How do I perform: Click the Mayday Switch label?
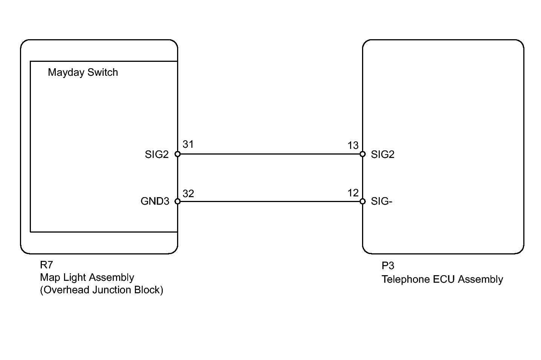pos(83,72)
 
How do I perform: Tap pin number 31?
pos(188,144)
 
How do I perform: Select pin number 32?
pos(188,193)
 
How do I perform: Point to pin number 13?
pos(353,146)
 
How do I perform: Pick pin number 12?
pos(353,193)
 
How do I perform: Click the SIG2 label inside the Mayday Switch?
pos(157,155)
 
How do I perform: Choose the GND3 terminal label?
pos(155,201)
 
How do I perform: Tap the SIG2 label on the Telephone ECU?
pos(382,155)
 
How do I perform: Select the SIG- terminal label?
pos(382,201)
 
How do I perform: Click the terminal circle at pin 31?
pos(177,154)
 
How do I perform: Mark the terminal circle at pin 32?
pos(177,202)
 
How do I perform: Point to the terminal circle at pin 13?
pos(362,154)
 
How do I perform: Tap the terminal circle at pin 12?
pos(362,202)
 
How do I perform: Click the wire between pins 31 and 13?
pos(270,154)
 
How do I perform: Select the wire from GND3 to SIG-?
pos(270,202)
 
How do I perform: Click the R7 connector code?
pos(46,265)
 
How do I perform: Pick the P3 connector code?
pos(388,266)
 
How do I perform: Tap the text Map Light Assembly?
pos(87,277)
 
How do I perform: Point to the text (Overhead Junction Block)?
pos(102,290)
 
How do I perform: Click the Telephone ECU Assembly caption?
pos(442,279)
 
